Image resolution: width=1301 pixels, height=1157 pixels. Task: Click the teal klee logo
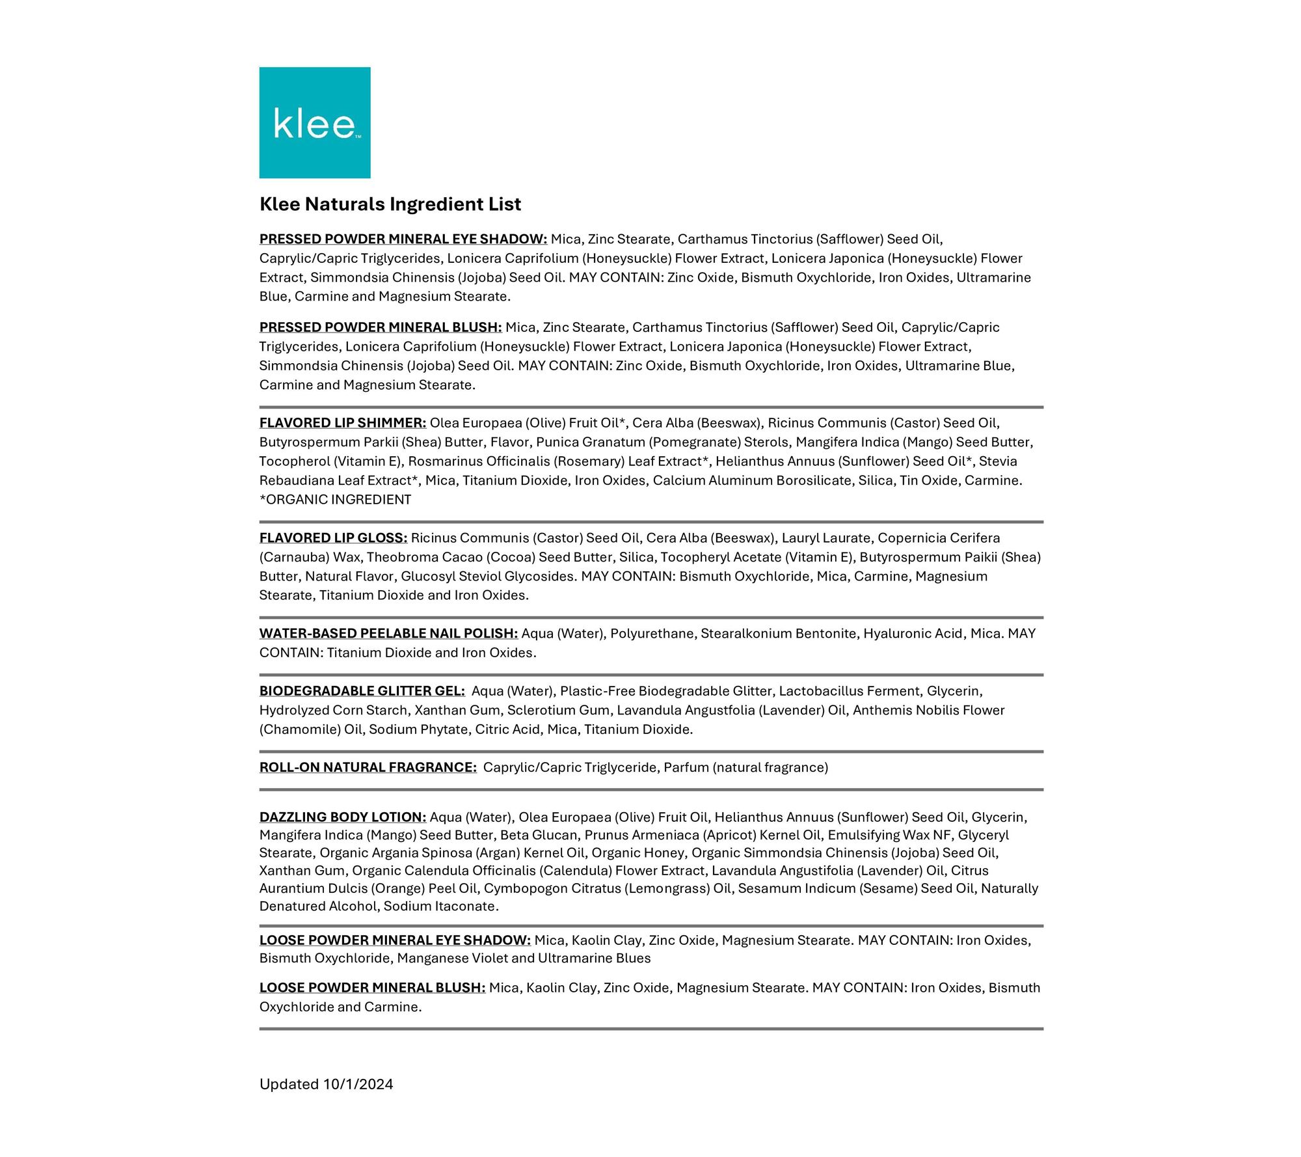[315, 122]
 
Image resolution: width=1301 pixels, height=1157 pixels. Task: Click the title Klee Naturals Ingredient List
[390, 204]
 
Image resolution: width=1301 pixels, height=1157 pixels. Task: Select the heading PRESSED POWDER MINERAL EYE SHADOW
[403, 239]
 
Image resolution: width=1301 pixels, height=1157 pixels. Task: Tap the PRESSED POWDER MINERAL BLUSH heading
[381, 327]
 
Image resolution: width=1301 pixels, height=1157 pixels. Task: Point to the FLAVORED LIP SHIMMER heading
[343, 423]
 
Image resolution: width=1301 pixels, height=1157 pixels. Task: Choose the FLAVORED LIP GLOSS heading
[333, 538]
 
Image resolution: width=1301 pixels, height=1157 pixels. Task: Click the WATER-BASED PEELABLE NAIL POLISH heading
[388, 634]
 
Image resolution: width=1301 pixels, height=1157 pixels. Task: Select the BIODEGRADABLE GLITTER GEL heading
[362, 691]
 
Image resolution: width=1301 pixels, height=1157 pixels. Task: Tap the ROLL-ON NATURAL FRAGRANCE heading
[368, 767]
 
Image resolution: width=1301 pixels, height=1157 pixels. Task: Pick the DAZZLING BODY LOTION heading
[343, 817]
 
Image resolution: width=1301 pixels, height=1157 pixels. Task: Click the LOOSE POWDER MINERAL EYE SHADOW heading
[395, 940]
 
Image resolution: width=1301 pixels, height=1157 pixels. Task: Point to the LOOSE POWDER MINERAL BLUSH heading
[372, 988]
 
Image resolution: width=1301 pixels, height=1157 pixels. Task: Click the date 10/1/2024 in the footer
[358, 1084]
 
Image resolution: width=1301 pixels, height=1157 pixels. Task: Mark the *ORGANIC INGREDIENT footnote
[336, 500]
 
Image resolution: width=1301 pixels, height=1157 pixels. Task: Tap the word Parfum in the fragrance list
[686, 767]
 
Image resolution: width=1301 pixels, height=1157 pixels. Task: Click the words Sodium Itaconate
[440, 906]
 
